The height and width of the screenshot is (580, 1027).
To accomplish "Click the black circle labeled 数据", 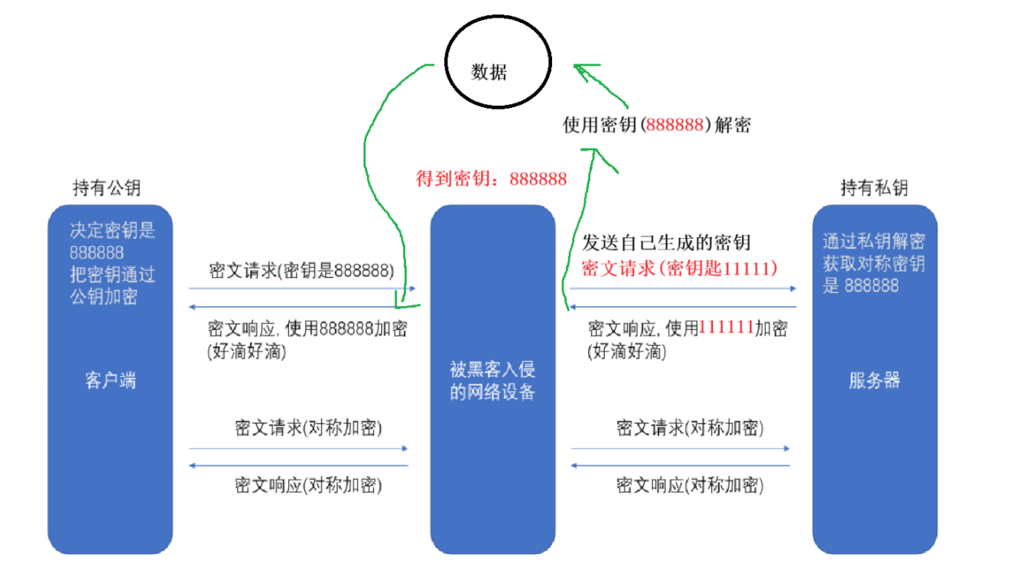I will [498, 72].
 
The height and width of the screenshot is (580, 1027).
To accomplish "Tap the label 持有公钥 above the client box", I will [106, 188].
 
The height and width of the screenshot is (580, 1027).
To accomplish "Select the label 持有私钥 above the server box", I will [874, 188].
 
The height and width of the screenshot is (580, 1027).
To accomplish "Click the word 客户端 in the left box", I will [111, 380].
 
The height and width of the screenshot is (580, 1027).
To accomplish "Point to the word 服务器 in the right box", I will [874, 380].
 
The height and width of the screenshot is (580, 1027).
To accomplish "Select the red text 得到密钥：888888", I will [491, 179].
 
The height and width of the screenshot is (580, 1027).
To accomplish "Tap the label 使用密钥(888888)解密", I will [656, 125].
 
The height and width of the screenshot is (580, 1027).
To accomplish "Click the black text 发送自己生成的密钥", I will [666, 243].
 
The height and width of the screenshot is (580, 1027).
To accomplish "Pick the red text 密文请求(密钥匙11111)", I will [680, 269].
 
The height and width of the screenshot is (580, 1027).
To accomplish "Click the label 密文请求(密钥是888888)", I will [302, 271].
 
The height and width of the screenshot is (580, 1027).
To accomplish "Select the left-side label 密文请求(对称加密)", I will [308, 428].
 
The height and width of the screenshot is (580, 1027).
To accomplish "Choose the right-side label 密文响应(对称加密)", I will [690, 485].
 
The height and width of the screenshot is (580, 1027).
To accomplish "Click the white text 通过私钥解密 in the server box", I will [874, 242].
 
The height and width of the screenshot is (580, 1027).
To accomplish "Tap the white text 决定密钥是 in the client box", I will [112, 231].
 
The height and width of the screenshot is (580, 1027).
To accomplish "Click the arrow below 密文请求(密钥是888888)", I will [302, 289].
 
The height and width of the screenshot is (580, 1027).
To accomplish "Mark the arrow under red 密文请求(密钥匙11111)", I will [683, 289].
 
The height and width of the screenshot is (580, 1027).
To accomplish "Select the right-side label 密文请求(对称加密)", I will [690, 428].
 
